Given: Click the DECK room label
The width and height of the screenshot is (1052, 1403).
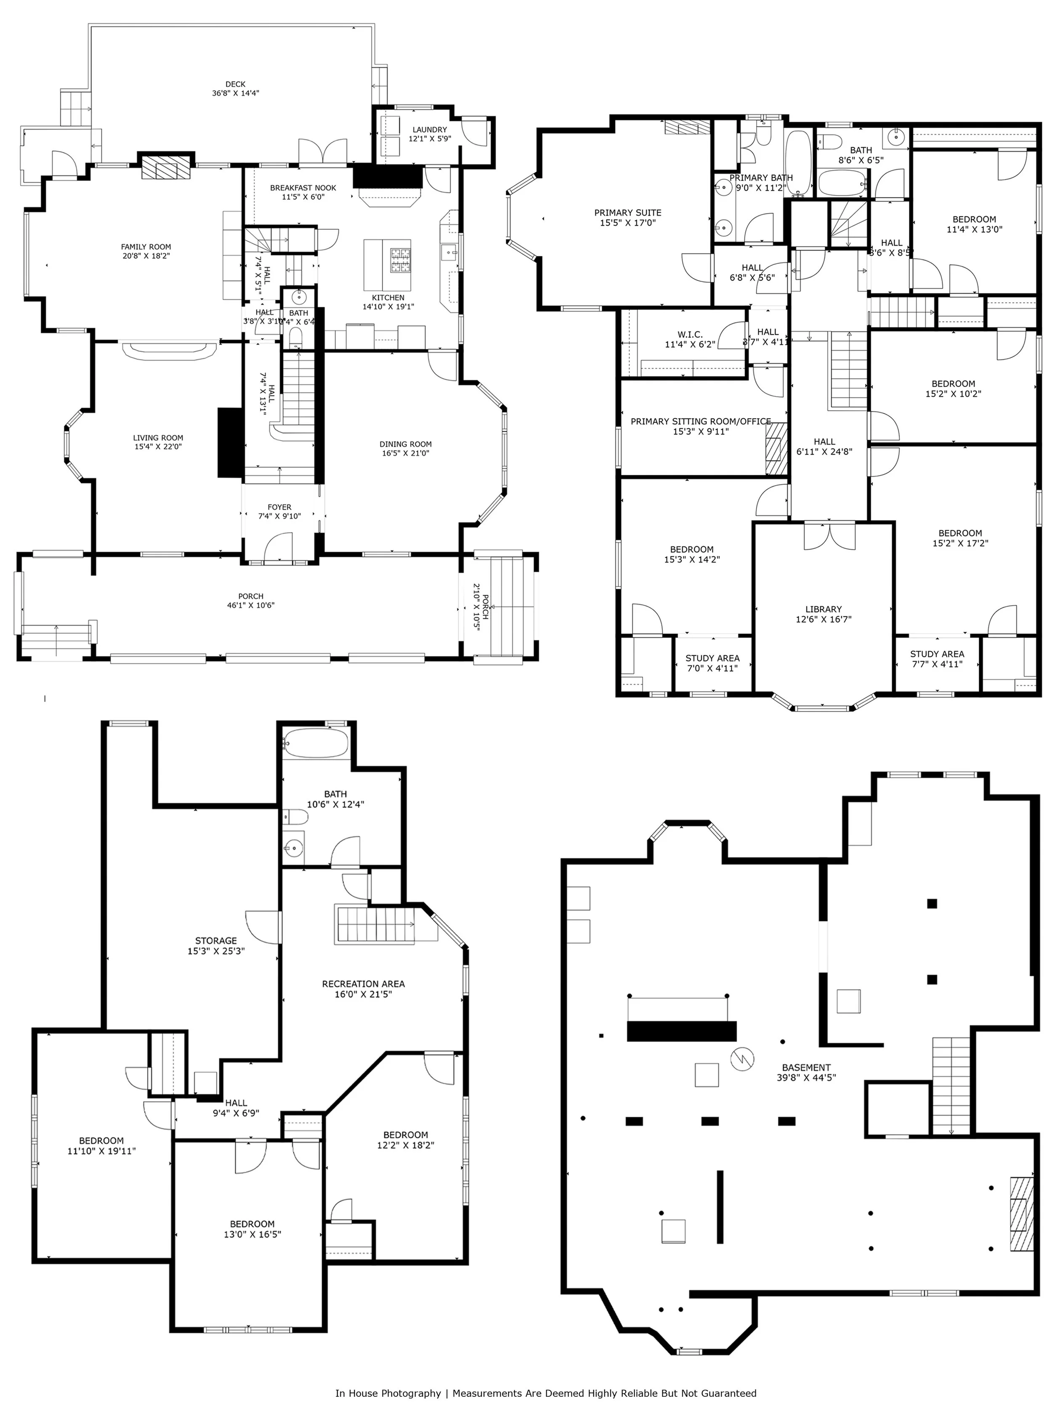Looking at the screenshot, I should pyautogui.click(x=235, y=84).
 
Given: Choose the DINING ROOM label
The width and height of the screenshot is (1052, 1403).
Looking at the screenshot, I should pyautogui.click(x=405, y=445).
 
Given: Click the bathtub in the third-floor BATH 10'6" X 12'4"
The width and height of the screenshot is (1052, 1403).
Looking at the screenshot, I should pyautogui.click(x=315, y=741).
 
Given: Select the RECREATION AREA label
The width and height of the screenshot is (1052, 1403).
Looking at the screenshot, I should pyautogui.click(x=363, y=984).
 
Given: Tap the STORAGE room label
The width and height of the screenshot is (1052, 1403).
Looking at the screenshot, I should pyautogui.click(x=215, y=941).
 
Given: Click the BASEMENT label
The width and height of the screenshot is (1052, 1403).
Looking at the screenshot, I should pyautogui.click(x=806, y=1068).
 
